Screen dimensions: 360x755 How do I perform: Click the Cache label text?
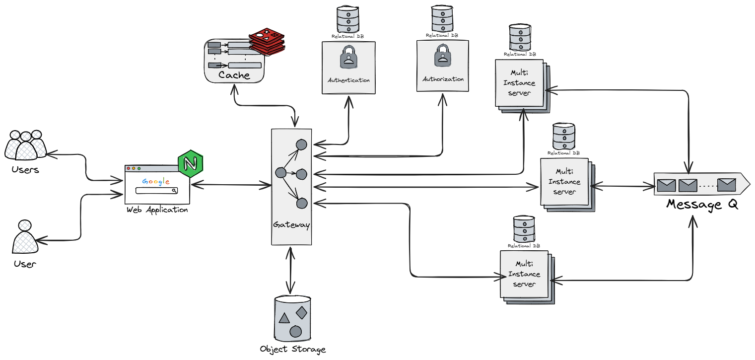(234, 75)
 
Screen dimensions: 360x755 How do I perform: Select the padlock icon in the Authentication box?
(348, 58)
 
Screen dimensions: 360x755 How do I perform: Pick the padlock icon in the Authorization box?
(442, 56)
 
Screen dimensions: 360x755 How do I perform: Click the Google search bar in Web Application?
(156, 191)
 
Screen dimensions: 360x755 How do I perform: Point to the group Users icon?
(25, 144)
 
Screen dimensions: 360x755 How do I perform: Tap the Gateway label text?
(291, 225)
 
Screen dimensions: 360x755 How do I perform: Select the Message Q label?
(702, 204)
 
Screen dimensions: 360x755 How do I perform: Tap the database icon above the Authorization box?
(442, 19)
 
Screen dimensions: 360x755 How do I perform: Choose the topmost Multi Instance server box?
(520, 82)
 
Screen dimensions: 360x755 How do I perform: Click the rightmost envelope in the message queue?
(727, 186)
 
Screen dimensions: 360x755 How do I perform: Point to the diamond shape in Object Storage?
(301, 312)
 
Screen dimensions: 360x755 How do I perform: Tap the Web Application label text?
(157, 210)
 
